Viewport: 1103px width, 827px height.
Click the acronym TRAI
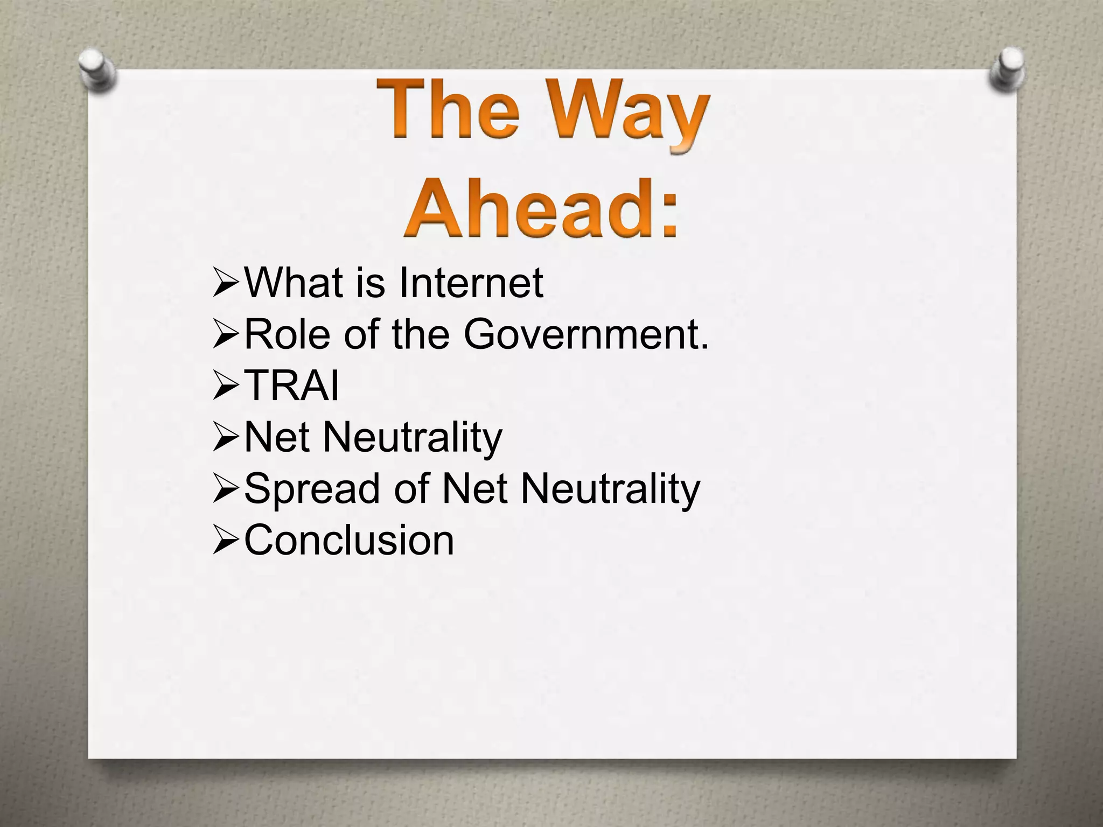pos(291,386)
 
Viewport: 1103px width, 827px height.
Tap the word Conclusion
pos(349,540)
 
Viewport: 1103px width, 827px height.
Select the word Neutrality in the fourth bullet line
pos(412,438)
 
